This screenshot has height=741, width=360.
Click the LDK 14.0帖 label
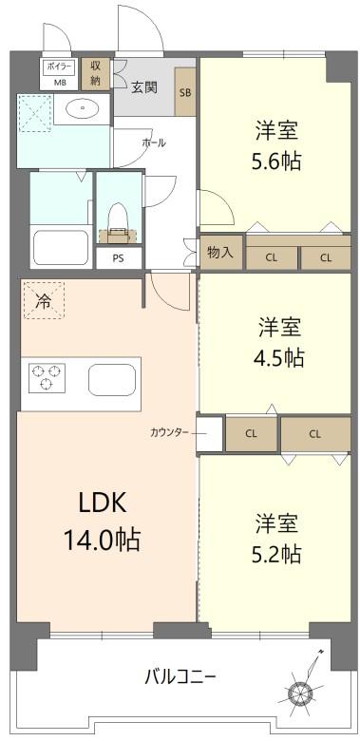coord(102,522)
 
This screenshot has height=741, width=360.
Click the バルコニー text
coord(180,676)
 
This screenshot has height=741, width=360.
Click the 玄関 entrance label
coord(143,87)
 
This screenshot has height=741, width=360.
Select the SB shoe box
coord(185,93)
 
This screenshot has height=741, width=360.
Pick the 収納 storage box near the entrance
coord(95,73)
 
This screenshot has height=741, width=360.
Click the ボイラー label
coord(59,67)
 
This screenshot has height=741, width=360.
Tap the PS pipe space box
coord(118,256)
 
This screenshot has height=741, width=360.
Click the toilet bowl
coord(118,219)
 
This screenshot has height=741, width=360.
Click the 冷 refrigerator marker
coord(43,301)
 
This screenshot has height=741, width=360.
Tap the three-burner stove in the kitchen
coord(45,378)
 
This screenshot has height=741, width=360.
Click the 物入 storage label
coord(219,252)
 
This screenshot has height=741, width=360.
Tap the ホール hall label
coord(154,142)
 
